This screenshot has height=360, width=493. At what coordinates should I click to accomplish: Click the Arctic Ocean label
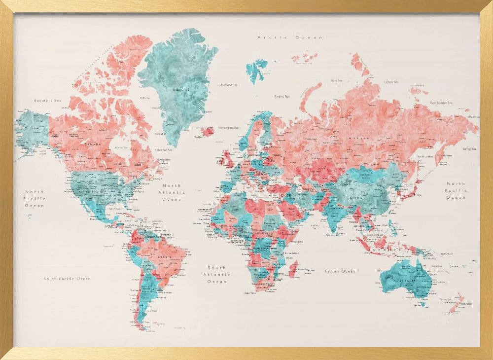[290, 37]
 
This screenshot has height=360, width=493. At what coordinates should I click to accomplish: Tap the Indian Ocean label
[340, 271]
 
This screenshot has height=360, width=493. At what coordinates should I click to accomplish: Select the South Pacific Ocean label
[67, 279]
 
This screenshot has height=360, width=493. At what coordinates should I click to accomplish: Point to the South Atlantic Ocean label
[217, 275]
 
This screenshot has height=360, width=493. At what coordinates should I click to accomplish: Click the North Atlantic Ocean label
[172, 192]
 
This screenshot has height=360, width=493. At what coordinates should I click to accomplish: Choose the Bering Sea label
[469, 148]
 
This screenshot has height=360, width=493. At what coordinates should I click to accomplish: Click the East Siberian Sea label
[441, 103]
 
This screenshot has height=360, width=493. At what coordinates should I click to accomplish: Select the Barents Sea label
[282, 97]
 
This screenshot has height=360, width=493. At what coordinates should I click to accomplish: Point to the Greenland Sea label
[228, 85]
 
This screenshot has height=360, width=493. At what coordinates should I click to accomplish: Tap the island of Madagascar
[293, 269]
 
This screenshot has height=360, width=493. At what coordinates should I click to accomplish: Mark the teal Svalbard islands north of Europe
[256, 69]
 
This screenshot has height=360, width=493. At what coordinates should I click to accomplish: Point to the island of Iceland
[208, 131]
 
